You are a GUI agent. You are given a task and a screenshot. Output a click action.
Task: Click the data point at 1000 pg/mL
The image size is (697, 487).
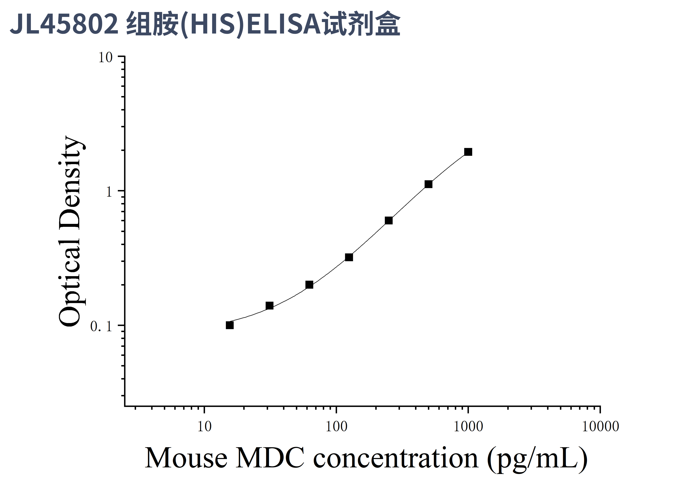[x=468, y=152]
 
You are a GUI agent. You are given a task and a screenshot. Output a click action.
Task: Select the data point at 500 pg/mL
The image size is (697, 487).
[x=428, y=184]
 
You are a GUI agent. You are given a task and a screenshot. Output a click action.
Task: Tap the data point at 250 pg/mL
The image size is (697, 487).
[x=389, y=221]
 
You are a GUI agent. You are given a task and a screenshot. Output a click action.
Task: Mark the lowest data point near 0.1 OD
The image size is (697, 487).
[x=230, y=325]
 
